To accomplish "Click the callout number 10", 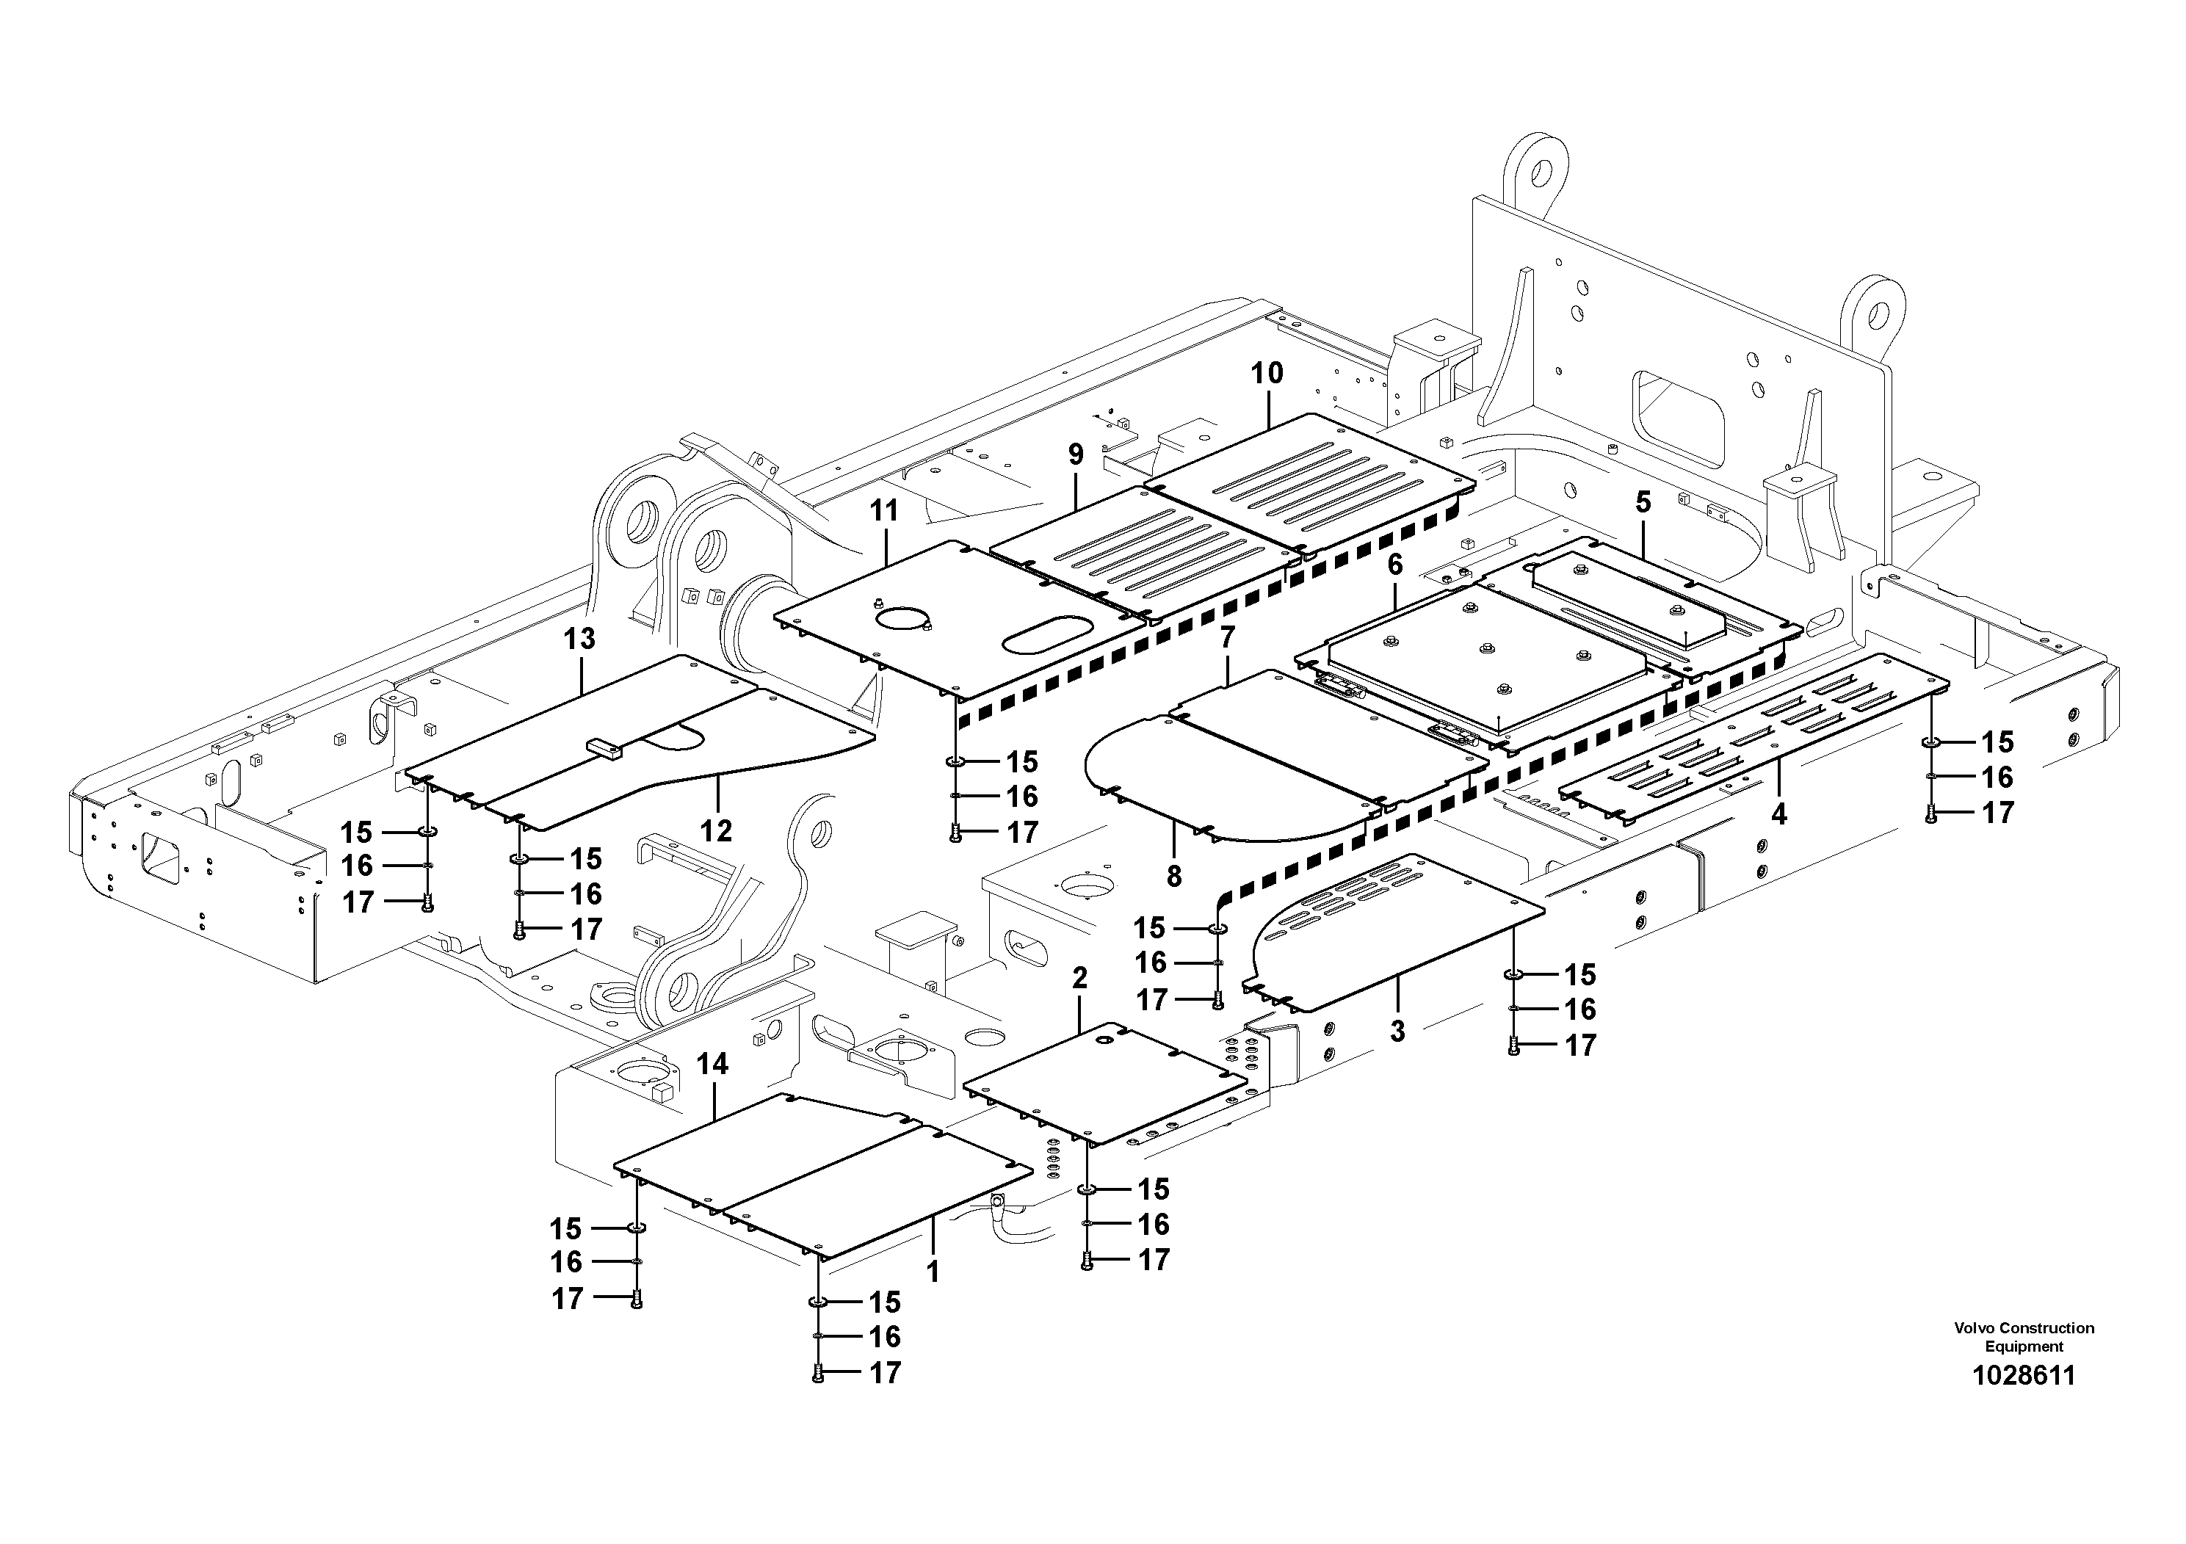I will (x=1267, y=373).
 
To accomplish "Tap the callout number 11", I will (x=885, y=511).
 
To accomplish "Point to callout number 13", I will (x=580, y=639).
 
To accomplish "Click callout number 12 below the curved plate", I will (x=716, y=831).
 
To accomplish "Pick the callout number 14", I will (x=713, y=1065).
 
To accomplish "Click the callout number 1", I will (x=933, y=1272).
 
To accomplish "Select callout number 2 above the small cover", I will (x=1079, y=979).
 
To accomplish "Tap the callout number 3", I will (x=1397, y=1032).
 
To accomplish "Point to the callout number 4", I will (x=1778, y=814).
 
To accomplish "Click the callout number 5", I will (x=1643, y=503).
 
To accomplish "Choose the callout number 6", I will (x=1395, y=565).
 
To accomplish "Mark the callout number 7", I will (x=1227, y=638).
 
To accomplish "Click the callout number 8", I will (x=1174, y=877).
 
